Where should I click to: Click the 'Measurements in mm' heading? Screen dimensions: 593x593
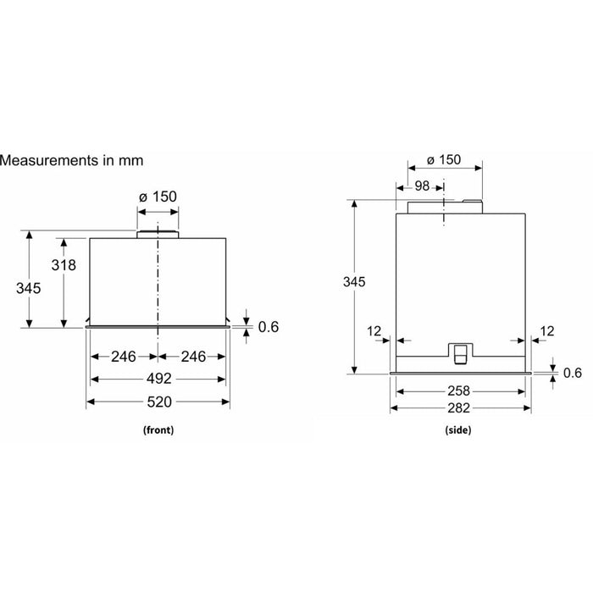tap(71, 160)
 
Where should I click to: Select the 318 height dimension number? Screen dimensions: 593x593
tap(64, 265)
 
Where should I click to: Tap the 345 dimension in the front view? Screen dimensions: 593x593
tap(28, 289)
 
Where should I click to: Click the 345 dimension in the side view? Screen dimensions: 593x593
tap(354, 282)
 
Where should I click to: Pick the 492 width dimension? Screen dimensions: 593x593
tap(159, 379)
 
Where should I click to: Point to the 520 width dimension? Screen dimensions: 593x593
tap(159, 402)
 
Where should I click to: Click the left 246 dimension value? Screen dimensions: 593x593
tap(124, 357)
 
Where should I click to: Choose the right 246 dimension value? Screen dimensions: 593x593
tap(193, 357)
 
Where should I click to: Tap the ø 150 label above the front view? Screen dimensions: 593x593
tap(158, 197)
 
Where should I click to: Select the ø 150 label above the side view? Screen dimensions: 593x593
tap(444, 159)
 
